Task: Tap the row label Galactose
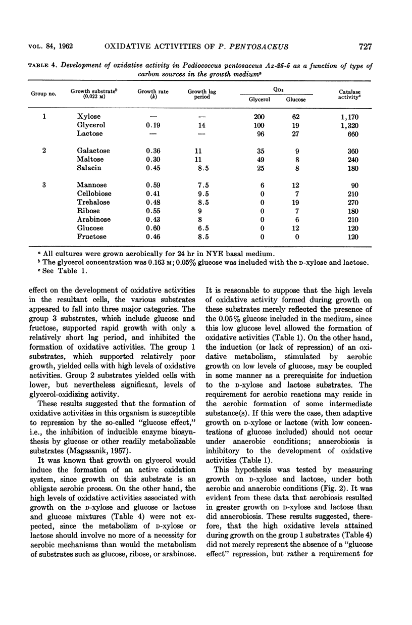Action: [93, 151]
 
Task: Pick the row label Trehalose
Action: [93, 203]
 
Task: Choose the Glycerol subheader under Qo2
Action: [260, 100]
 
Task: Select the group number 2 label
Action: [44, 151]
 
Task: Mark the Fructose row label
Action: [92, 237]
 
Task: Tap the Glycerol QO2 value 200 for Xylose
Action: [259, 117]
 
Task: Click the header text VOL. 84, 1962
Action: [48, 47]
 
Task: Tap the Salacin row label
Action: [90, 168]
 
